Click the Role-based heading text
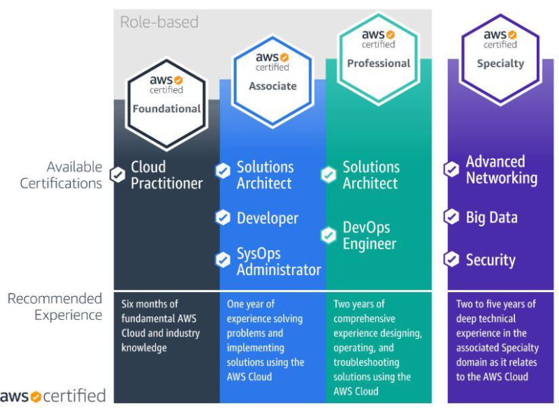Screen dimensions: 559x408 (x=159, y=22)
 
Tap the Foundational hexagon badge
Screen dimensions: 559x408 (x=166, y=103)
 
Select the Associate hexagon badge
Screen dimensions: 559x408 (x=273, y=81)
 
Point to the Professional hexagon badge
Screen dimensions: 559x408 (x=379, y=59)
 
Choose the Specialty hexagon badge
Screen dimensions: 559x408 (x=500, y=59)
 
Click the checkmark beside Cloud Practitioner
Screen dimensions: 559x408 (x=117, y=175)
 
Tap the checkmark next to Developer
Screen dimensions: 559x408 (x=223, y=217)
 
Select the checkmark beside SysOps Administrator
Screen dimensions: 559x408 (x=223, y=260)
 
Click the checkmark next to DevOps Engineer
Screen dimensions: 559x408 (x=328, y=235)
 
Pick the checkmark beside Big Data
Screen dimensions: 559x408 (x=451, y=217)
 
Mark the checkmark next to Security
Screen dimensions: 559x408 (x=451, y=259)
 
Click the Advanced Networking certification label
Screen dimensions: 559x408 (x=501, y=170)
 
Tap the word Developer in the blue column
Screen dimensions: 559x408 (x=268, y=218)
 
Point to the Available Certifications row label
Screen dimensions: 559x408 (x=61, y=175)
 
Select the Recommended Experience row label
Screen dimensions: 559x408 (x=55, y=307)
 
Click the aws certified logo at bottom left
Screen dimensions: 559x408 (x=53, y=396)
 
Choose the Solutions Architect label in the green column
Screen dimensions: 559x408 (x=371, y=175)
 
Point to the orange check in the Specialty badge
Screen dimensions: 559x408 (x=512, y=34)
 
